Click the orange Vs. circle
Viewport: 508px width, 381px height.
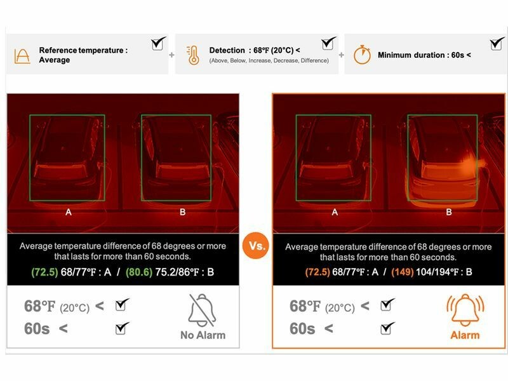pos(256,245)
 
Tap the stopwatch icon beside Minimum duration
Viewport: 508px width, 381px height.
pos(362,55)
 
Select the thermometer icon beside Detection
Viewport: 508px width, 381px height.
pos(193,55)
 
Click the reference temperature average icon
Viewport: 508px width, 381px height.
pos(22,56)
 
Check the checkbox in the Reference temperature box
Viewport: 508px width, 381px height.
pos(158,43)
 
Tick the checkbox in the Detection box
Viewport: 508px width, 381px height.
pos(328,43)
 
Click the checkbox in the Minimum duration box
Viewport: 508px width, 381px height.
pos(497,44)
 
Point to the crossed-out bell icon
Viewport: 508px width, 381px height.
pos(202,310)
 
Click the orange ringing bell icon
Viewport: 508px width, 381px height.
pos(465,310)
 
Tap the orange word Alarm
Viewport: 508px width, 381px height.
pos(465,335)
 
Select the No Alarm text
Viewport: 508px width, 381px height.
pos(203,335)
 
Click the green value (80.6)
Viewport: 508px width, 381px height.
pos(139,272)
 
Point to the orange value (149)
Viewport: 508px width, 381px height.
pos(403,272)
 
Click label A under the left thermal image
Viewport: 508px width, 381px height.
pos(69,212)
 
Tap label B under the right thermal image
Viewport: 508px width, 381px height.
pos(449,212)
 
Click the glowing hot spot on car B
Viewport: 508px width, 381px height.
pos(469,164)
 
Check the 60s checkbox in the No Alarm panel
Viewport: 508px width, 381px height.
pos(122,328)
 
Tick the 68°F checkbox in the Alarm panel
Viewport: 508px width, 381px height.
pos(387,305)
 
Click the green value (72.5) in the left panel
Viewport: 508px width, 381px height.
pos(44,272)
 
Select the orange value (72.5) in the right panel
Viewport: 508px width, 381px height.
pos(317,272)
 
